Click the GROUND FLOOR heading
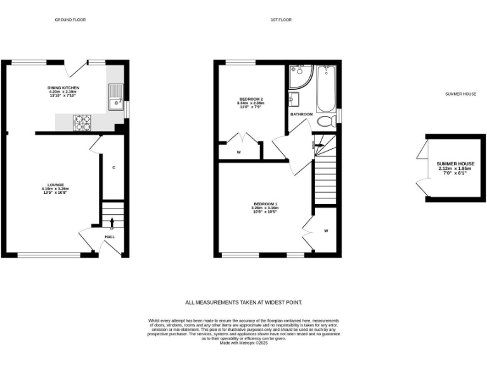(70, 20)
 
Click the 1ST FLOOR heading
(281, 20)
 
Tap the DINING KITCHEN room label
(63, 88)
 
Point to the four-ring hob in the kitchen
(82, 122)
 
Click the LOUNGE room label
(55, 185)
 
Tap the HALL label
(110, 236)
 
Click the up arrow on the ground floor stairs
(112, 221)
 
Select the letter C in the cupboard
(114, 168)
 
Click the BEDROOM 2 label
(250, 99)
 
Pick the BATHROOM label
(301, 114)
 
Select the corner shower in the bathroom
(298, 77)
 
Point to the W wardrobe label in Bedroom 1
(326, 231)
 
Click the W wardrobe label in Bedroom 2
(238, 152)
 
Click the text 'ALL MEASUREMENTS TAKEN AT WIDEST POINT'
(243, 303)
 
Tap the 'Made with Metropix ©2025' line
(243, 342)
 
